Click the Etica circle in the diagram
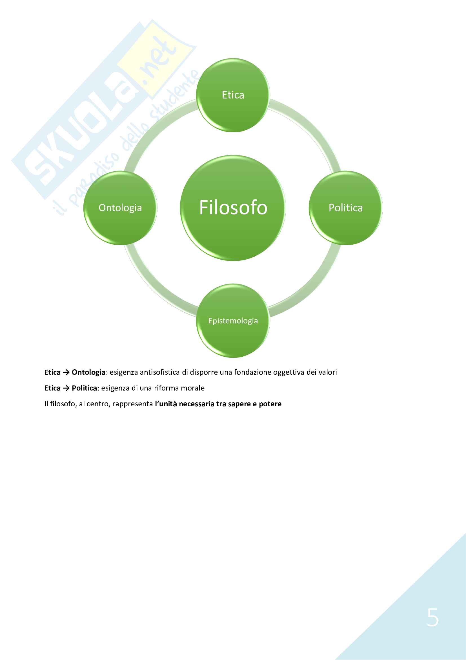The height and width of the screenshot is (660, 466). pyautogui.click(x=233, y=95)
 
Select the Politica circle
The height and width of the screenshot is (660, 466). pyautogui.click(x=345, y=208)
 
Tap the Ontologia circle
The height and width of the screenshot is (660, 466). pyautogui.click(x=120, y=208)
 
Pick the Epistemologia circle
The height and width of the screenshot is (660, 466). pyautogui.click(x=233, y=321)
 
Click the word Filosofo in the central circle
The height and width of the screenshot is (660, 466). pyautogui.click(x=233, y=208)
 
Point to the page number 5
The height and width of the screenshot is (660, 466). pyautogui.click(x=433, y=617)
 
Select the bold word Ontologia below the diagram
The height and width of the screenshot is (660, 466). pyautogui.click(x=88, y=372)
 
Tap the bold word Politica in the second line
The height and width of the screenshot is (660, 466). pyautogui.click(x=84, y=388)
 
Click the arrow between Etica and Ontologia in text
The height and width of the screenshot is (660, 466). pyautogui.click(x=66, y=372)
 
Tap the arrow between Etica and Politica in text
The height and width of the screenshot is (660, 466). pyautogui.click(x=66, y=388)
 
